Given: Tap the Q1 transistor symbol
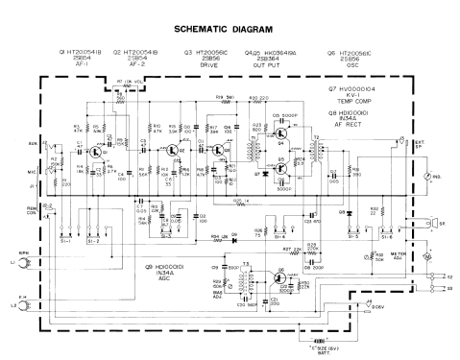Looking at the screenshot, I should [94, 152].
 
